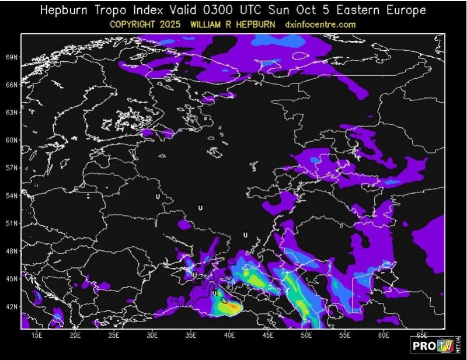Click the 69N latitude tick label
(12, 57)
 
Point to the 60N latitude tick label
(12, 140)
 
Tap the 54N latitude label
(12, 195)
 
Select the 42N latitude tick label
(12, 306)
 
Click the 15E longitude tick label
(37, 336)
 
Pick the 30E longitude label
(153, 336)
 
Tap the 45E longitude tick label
(269, 336)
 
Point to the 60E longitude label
(384, 336)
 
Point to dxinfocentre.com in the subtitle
(320, 25)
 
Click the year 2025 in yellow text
(177, 25)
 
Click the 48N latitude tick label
(12, 251)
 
